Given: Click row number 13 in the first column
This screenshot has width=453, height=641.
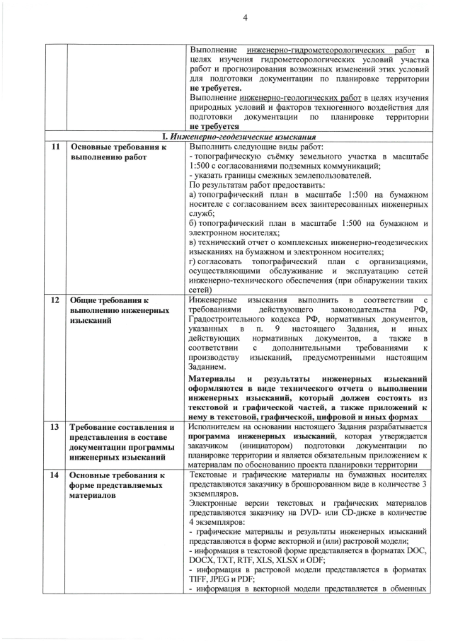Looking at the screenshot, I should (55, 427).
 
